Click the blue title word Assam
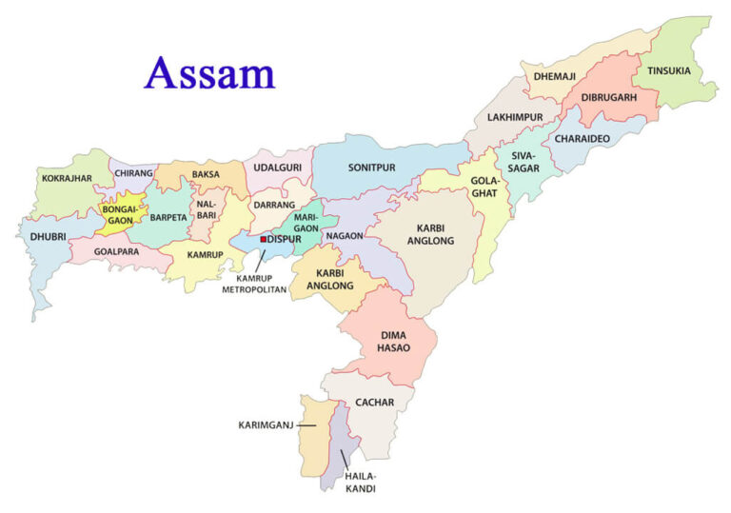[209, 72]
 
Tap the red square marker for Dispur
[263, 239]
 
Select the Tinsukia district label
[670, 71]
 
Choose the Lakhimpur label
[515, 117]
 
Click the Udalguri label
[277, 168]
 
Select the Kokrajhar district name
[68, 177]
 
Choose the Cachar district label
[374, 403]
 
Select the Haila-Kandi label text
[361, 482]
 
